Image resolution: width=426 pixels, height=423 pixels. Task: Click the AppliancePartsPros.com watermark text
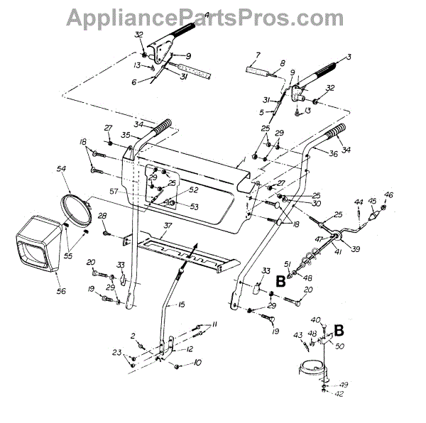point(213,16)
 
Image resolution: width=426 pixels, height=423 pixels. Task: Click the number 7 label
point(258,55)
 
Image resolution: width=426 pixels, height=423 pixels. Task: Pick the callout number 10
point(197,363)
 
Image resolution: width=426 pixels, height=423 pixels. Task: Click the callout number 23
point(116,351)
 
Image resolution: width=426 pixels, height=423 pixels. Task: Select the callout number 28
point(102,216)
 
